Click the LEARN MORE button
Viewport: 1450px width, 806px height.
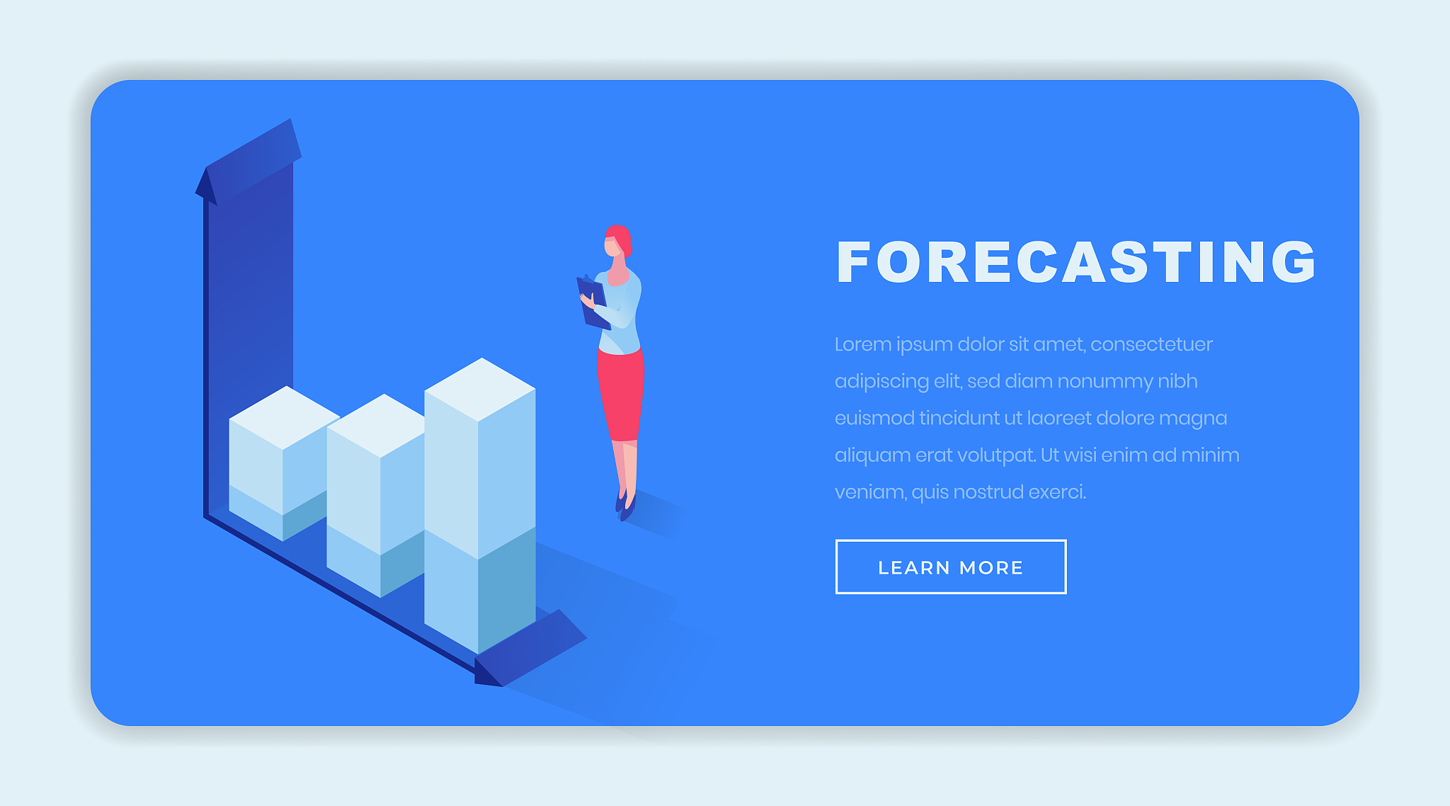pos(951,567)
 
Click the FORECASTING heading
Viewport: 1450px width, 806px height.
pos(1076,262)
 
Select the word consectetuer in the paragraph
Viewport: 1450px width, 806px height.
pos(1151,344)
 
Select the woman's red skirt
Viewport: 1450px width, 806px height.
pos(620,394)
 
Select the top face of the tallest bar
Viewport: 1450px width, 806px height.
pos(480,390)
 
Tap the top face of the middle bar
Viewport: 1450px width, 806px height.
pos(377,425)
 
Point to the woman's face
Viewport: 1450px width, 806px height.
pos(612,246)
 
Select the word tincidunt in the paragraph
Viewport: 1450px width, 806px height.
pos(959,419)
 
